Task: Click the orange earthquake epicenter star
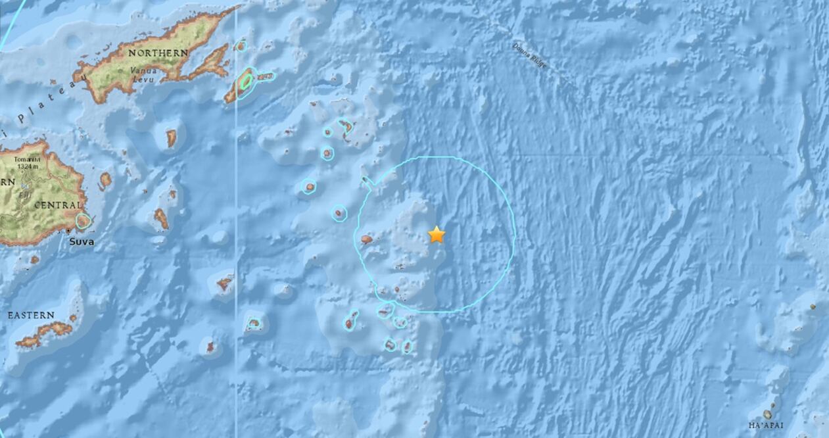[x=437, y=234]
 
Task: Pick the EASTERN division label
[x=31, y=316]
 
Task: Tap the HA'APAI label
[x=766, y=425]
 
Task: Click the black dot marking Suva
[x=69, y=231]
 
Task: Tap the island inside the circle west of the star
[x=367, y=240]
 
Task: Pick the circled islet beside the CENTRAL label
[x=83, y=221]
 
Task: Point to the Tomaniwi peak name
[x=25, y=159]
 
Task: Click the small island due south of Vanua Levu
[x=171, y=138]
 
